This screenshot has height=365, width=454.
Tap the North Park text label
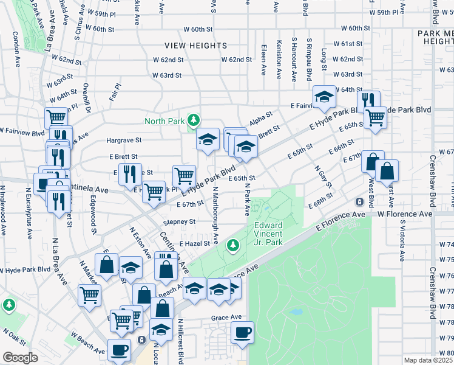[x=164, y=120]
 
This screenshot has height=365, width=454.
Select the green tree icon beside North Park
[x=194, y=120]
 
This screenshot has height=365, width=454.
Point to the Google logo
[x=20, y=358]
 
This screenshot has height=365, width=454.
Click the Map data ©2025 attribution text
[x=429, y=360]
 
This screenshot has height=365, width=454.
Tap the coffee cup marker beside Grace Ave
[x=242, y=332]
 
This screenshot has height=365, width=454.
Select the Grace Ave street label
[x=226, y=318]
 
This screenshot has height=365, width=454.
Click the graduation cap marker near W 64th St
[x=324, y=96]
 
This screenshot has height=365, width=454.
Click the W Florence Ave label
[x=405, y=214]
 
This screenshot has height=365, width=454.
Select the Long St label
[x=324, y=55]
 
